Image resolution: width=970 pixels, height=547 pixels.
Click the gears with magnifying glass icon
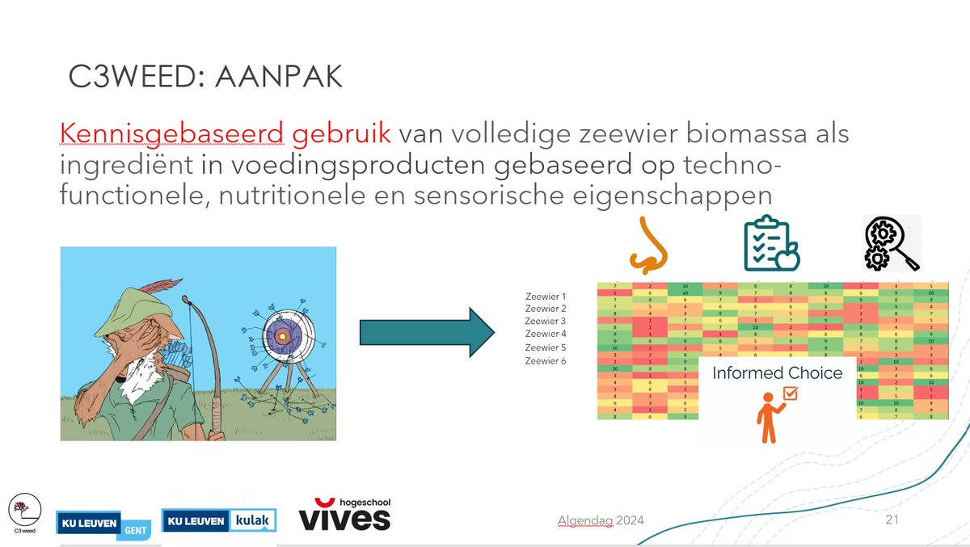click(890, 243)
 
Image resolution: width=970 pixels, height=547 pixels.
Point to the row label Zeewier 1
click(546, 297)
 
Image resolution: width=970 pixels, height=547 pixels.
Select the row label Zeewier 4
click(546, 334)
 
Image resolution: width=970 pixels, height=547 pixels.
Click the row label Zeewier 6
click(546, 360)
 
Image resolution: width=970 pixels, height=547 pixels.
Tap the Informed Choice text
click(777, 373)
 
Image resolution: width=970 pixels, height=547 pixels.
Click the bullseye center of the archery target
click(281, 335)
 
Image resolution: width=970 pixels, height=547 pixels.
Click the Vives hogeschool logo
click(345, 515)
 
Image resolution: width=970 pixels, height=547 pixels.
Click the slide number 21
click(892, 520)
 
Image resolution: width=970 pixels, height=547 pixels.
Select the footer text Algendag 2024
click(601, 520)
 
